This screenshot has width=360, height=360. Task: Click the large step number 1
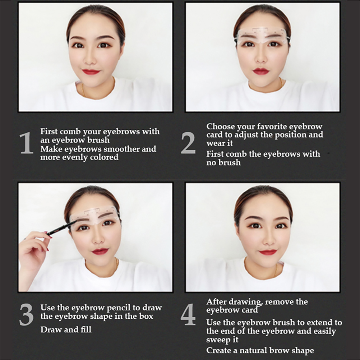[x=26, y=142]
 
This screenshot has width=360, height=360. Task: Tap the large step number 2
[x=188, y=143]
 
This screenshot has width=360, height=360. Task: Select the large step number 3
[x=26, y=314]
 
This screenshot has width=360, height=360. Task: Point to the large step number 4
[x=188, y=314]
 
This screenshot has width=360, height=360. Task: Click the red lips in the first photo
[x=91, y=72]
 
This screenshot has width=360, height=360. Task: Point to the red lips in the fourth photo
[x=268, y=252]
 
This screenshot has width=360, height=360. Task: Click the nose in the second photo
[x=261, y=58]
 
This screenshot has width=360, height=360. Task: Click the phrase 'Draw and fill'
[x=66, y=329]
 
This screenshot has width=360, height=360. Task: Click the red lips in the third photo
[x=100, y=251]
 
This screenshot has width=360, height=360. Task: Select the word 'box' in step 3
[x=146, y=316]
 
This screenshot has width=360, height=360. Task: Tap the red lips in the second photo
[x=261, y=71]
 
